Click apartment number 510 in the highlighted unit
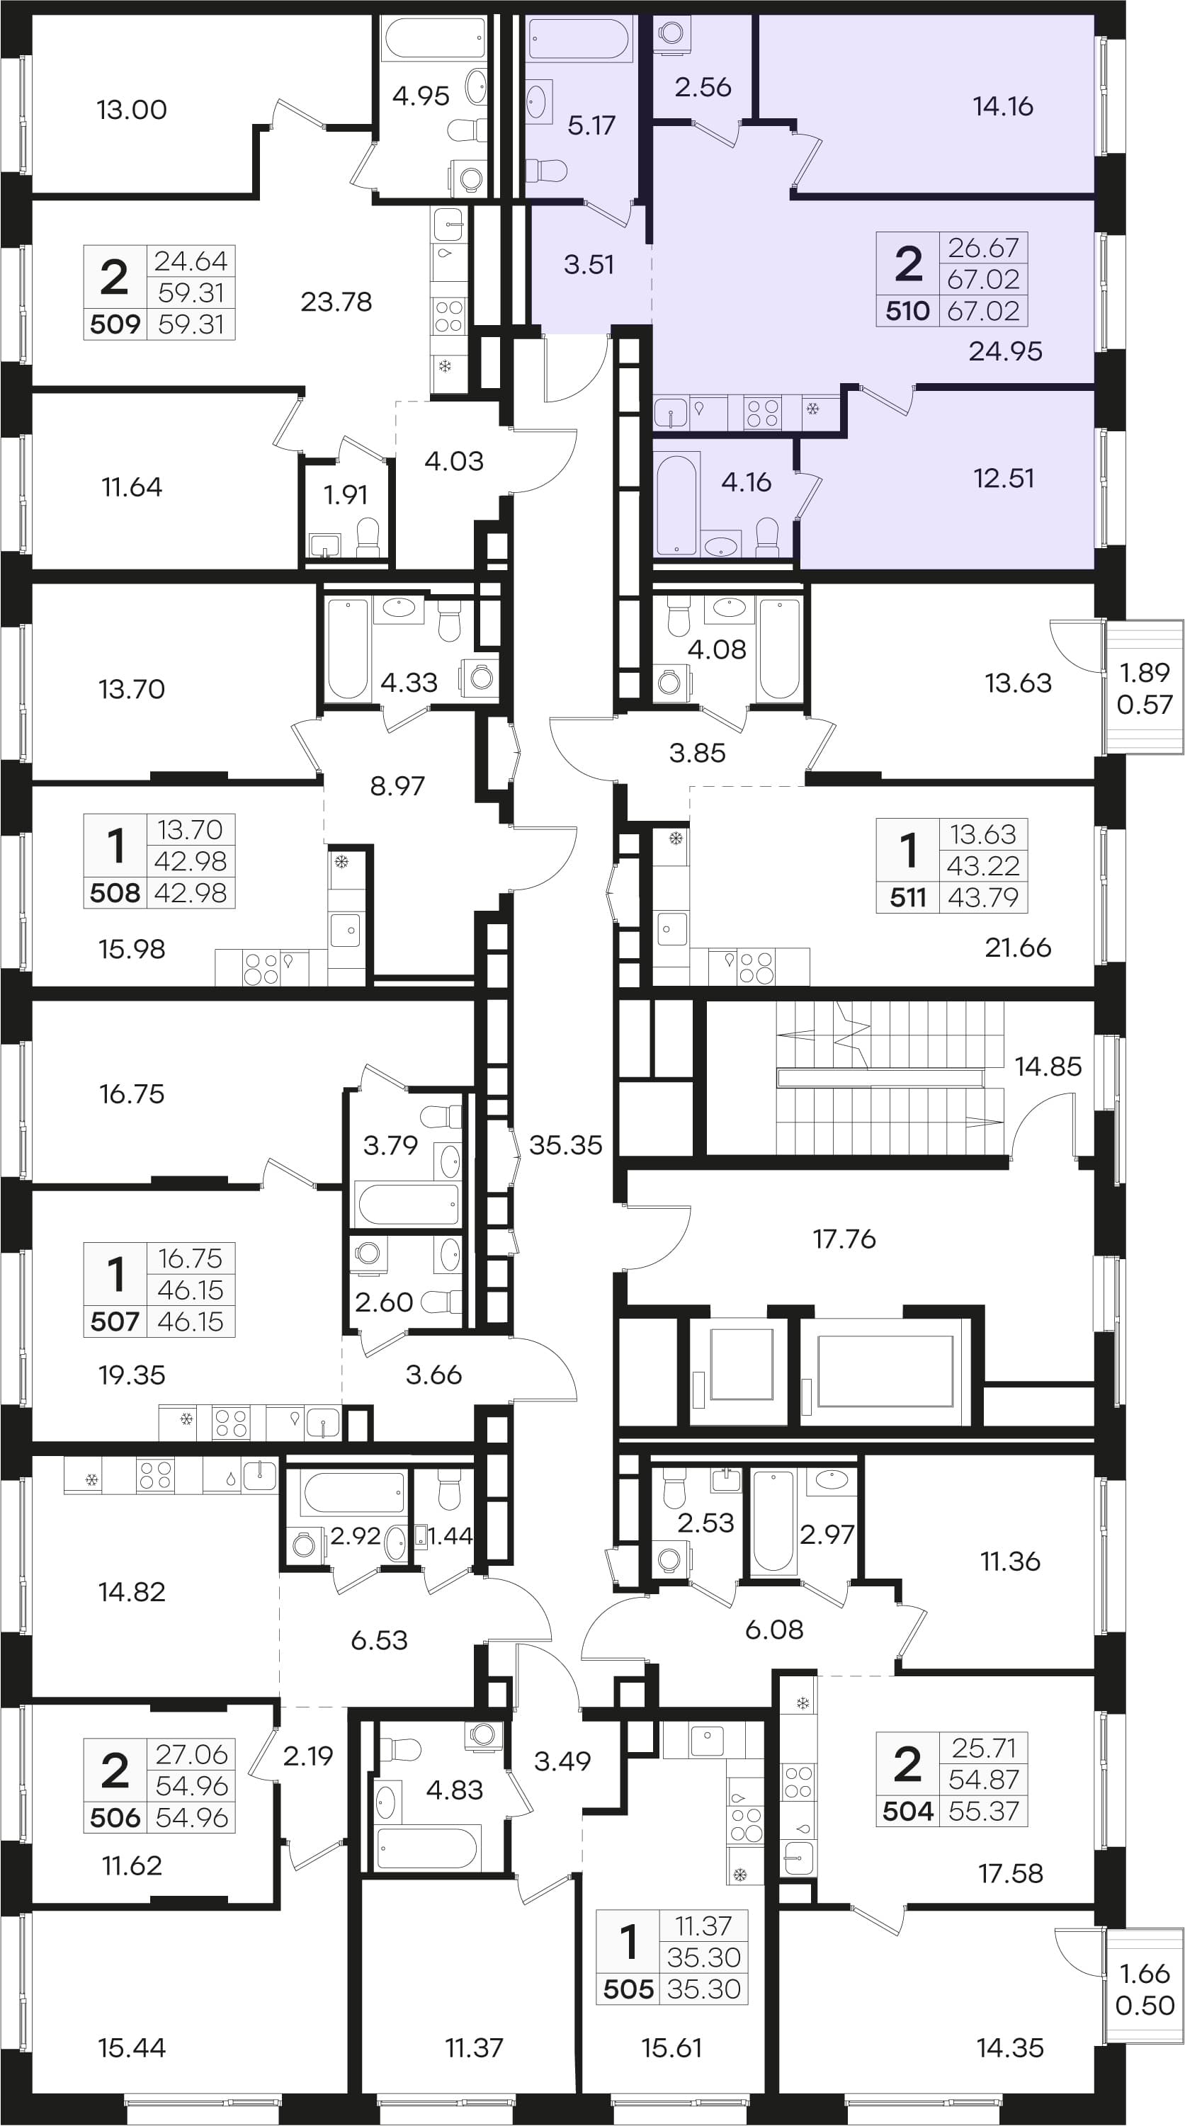pos(908,311)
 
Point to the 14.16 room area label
pos(1003,106)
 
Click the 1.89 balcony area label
pos(1145,673)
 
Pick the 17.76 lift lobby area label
pos(844,1239)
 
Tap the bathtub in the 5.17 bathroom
pos(579,39)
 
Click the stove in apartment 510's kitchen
pos(762,413)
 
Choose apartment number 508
pos(115,893)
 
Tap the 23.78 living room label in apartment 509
pos(336,302)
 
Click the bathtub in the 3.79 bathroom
pos(406,1205)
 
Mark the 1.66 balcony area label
pos(1145,1974)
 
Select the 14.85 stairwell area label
pos(1048,1067)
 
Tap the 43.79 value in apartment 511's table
pos(983,897)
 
